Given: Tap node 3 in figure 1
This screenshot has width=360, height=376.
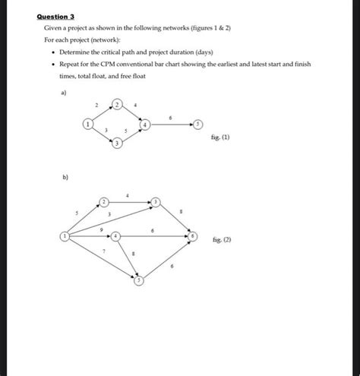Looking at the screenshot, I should [117, 144].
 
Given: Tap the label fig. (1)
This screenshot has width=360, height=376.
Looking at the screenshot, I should [222, 138].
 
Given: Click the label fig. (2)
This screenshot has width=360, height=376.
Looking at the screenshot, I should [222, 239].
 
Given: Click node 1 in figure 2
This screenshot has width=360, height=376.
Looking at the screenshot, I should [64, 237].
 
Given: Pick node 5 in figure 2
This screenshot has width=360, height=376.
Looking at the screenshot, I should [139, 281].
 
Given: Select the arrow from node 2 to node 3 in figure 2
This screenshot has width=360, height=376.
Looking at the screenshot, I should [130, 201].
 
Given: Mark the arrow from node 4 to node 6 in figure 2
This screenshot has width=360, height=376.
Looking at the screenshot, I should [156, 237].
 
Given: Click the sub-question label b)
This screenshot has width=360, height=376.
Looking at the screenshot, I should [65, 178].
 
